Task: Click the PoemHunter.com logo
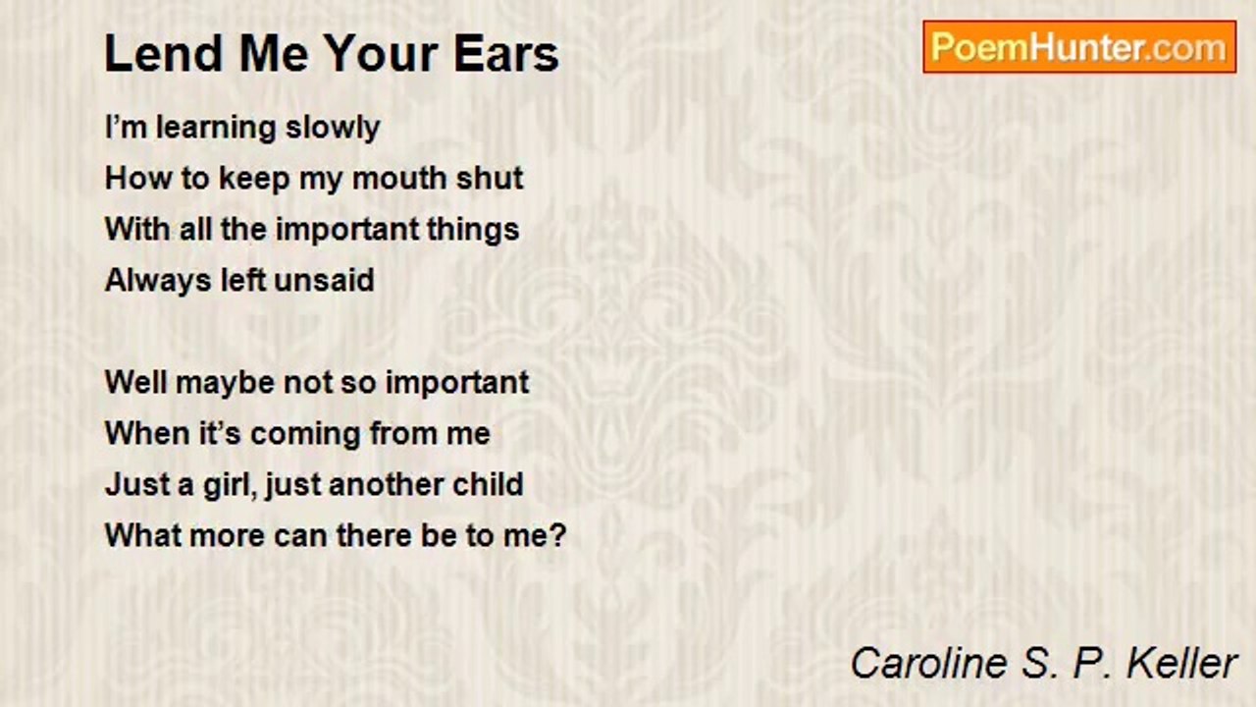1079,47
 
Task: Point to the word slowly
333,128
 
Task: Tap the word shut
490,179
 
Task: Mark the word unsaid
324,281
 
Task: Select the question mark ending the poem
558,536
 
